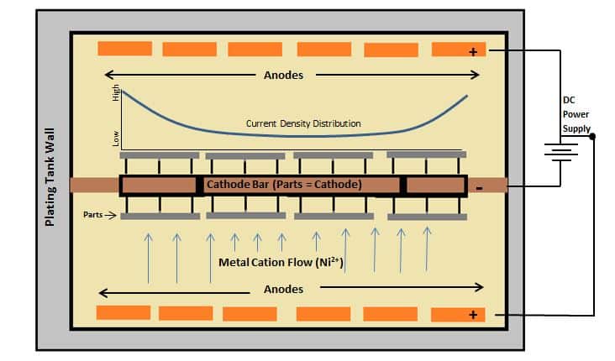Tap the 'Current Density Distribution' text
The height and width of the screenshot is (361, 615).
click(x=303, y=123)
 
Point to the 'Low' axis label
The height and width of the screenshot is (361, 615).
click(x=116, y=137)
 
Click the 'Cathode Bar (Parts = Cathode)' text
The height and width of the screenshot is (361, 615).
click(x=284, y=184)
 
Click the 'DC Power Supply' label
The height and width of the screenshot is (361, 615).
click(x=576, y=113)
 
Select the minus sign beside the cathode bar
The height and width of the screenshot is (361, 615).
click(x=479, y=187)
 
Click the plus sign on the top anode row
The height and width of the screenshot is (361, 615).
click(x=473, y=51)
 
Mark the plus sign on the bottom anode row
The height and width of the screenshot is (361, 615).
click(x=473, y=315)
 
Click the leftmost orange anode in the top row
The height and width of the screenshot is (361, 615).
click(x=124, y=48)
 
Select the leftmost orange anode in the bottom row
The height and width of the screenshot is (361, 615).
click(x=123, y=312)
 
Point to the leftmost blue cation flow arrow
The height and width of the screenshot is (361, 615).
click(x=149, y=256)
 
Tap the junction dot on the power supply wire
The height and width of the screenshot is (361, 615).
click(x=593, y=137)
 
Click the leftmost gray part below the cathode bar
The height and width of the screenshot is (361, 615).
click(x=160, y=217)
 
